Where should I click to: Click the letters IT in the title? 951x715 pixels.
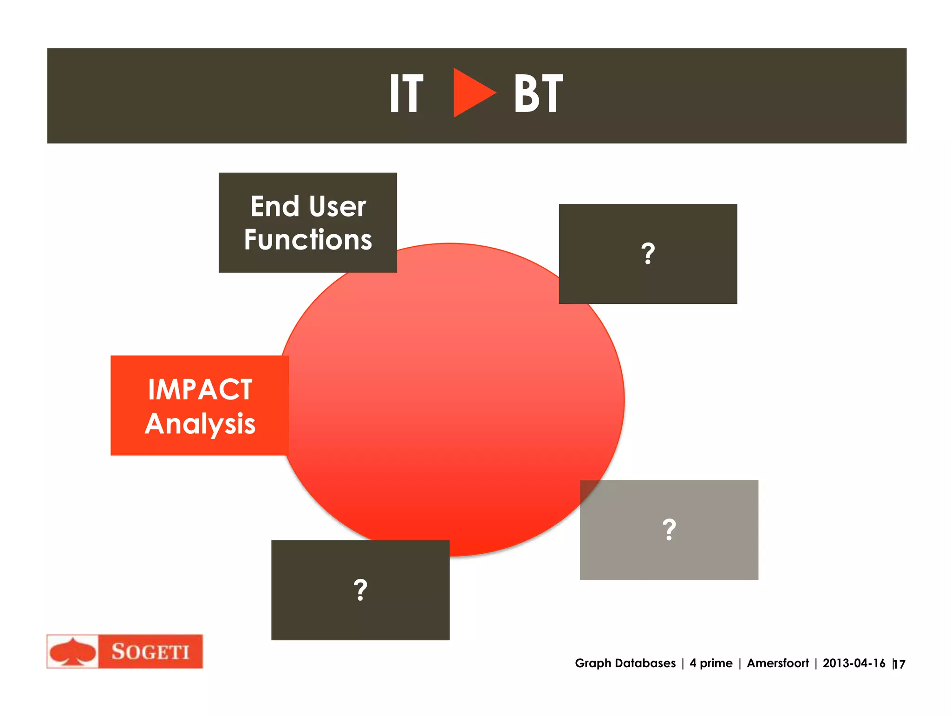(x=406, y=94)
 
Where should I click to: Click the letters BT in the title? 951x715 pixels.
(x=538, y=94)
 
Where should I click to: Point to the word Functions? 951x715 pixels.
(x=308, y=240)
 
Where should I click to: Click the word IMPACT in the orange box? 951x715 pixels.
(x=200, y=389)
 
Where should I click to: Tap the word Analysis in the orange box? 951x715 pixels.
(x=200, y=424)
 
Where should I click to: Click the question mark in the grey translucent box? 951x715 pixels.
(x=669, y=530)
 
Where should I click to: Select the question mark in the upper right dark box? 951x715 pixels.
(x=648, y=254)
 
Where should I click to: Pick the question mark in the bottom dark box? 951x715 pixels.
(x=360, y=590)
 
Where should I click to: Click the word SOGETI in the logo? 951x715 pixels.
(x=150, y=651)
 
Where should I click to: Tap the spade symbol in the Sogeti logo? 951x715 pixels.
(x=72, y=651)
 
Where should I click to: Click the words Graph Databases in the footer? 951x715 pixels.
(x=625, y=663)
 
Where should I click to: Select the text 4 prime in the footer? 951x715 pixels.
(x=711, y=663)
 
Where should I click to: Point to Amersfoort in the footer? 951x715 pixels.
(x=777, y=663)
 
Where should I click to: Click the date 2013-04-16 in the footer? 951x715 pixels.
(x=853, y=663)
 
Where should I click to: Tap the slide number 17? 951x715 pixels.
(x=899, y=664)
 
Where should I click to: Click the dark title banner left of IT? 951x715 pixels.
(x=209, y=96)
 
